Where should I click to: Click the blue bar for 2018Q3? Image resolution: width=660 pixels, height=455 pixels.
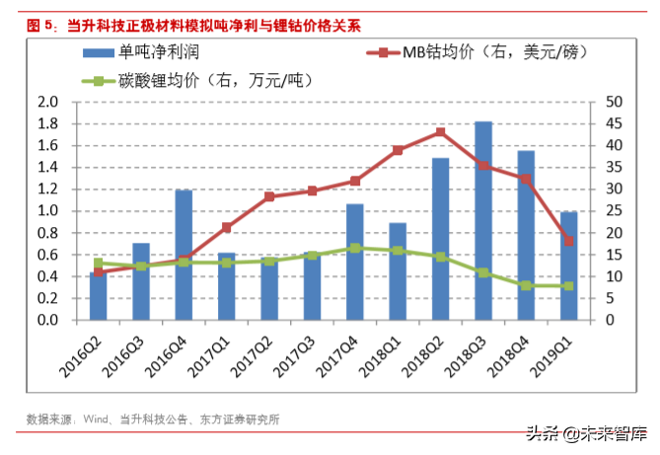pyautogui.click(x=482, y=221)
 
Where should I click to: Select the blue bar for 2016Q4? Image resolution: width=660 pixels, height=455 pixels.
pyautogui.click(x=183, y=255)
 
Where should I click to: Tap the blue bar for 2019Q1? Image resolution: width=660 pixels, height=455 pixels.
pyautogui.click(x=568, y=266)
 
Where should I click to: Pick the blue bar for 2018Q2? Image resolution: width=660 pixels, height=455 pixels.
pyautogui.click(x=440, y=239)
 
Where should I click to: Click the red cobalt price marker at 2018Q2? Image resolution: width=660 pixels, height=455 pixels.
pyautogui.click(x=440, y=132)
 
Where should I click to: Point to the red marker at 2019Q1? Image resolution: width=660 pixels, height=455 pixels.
pyautogui.click(x=568, y=240)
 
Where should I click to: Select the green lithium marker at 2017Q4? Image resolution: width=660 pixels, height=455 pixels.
pyautogui.click(x=355, y=248)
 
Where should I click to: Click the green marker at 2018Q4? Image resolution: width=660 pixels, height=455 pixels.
pyautogui.click(x=526, y=285)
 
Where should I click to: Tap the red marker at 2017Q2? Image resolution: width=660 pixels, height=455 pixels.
pyautogui.click(x=269, y=196)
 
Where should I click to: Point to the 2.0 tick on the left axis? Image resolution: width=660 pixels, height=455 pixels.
pyautogui.click(x=47, y=102)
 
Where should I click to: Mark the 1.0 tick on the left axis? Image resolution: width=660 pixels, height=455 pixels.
pyautogui.click(x=47, y=211)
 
